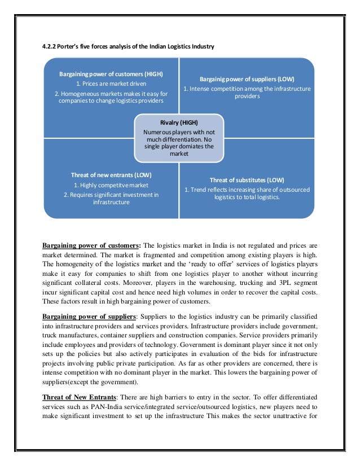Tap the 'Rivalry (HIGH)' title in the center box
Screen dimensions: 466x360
tap(179, 122)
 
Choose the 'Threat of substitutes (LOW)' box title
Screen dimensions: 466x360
tap(247, 180)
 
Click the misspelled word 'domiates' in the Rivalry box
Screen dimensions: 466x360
tap(191, 146)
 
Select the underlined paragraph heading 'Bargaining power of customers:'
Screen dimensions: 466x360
tap(92, 245)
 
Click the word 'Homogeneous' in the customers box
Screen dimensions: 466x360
tap(85, 93)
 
